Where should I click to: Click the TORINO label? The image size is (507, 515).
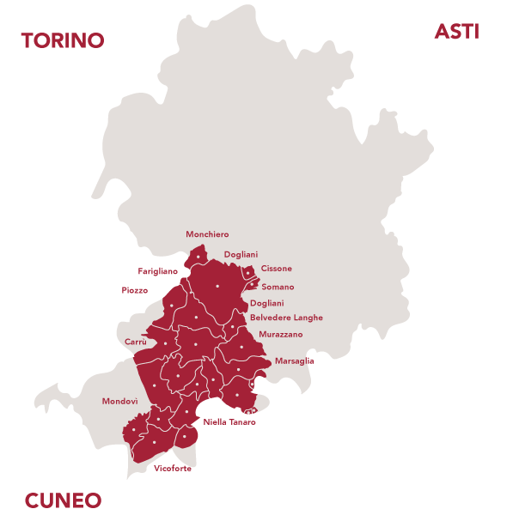click(x=63, y=40)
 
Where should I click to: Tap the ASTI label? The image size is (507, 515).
click(x=456, y=32)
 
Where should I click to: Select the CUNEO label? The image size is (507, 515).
click(x=63, y=500)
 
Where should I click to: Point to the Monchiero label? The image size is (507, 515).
click(x=207, y=234)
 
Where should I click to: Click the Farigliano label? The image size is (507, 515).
click(x=157, y=271)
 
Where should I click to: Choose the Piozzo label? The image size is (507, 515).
click(x=135, y=290)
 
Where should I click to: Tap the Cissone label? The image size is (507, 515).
click(x=276, y=269)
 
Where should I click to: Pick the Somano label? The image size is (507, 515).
click(x=278, y=287)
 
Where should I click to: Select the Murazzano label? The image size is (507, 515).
click(x=280, y=334)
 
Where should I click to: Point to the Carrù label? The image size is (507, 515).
click(x=136, y=342)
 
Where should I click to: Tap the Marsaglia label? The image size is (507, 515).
click(x=294, y=361)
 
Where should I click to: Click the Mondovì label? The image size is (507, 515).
click(x=119, y=402)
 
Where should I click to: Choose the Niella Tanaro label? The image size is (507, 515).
click(x=229, y=422)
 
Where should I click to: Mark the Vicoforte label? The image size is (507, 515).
click(x=173, y=469)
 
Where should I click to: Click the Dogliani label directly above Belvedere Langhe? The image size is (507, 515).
click(x=266, y=304)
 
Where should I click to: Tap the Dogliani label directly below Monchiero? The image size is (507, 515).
click(x=241, y=255)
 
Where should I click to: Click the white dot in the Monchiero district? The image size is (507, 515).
click(x=199, y=256)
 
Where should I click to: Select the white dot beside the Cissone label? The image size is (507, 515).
click(x=249, y=272)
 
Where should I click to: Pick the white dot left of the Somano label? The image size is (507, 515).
click(x=251, y=285)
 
